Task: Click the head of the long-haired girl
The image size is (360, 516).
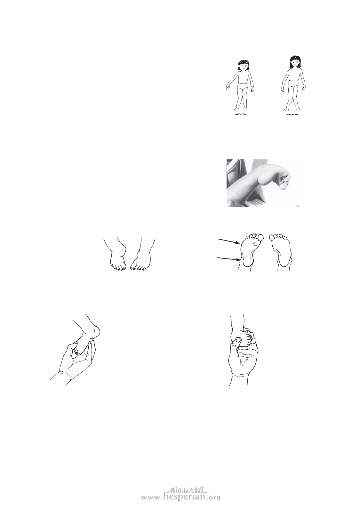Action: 295,62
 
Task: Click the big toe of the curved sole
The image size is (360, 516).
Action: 261,237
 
